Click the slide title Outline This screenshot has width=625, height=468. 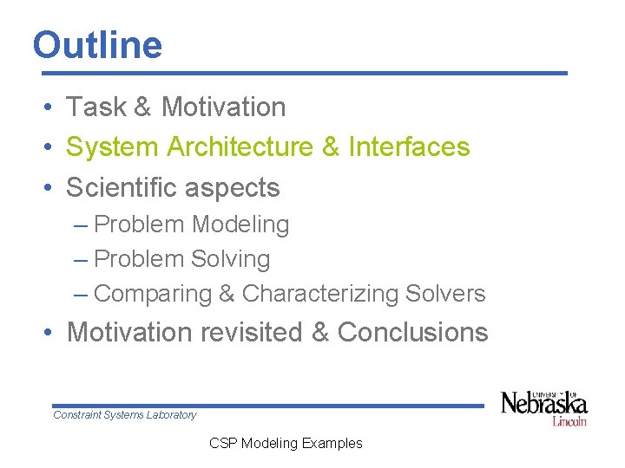pos(97,45)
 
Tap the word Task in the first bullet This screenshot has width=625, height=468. pos(97,107)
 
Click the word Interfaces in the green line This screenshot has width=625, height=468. pos(409,147)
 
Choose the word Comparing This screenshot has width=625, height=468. pos(153,294)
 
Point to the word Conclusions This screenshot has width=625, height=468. pos(412,332)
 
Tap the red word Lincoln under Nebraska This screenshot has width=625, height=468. pos(569,421)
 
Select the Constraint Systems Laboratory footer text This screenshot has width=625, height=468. pos(125,415)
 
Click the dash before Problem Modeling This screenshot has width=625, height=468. pos(81,224)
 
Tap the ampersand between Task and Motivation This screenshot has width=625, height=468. pos(144,107)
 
